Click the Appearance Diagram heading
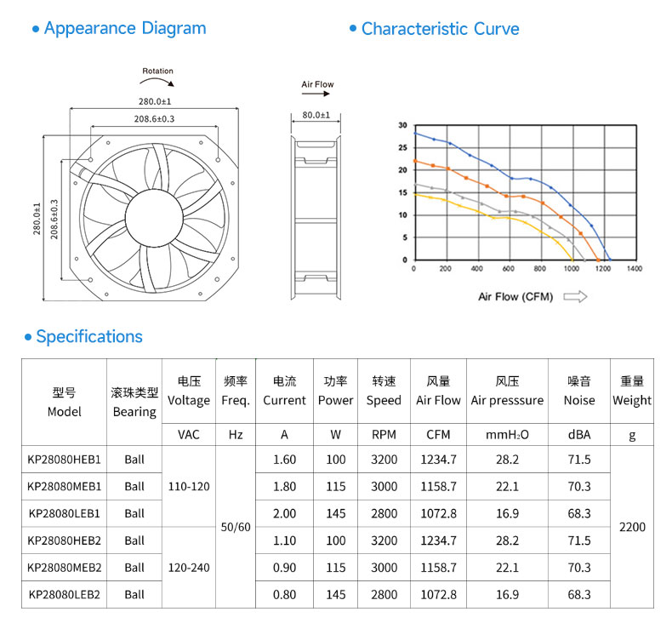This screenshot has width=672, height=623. click(x=125, y=28)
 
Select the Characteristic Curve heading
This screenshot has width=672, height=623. click(x=440, y=29)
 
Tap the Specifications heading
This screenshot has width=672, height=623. click(x=89, y=336)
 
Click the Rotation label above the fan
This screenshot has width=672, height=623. click(x=157, y=71)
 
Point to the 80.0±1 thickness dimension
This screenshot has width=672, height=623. click(x=316, y=115)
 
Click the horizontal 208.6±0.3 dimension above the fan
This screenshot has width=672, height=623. click(x=154, y=119)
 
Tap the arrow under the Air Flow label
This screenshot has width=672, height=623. click(x=316, y=94)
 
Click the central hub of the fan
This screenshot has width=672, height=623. click(x=154, y=217)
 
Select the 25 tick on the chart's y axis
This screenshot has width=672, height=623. click(x=403, y=148)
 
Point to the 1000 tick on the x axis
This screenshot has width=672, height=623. click(x=572, y=268)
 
